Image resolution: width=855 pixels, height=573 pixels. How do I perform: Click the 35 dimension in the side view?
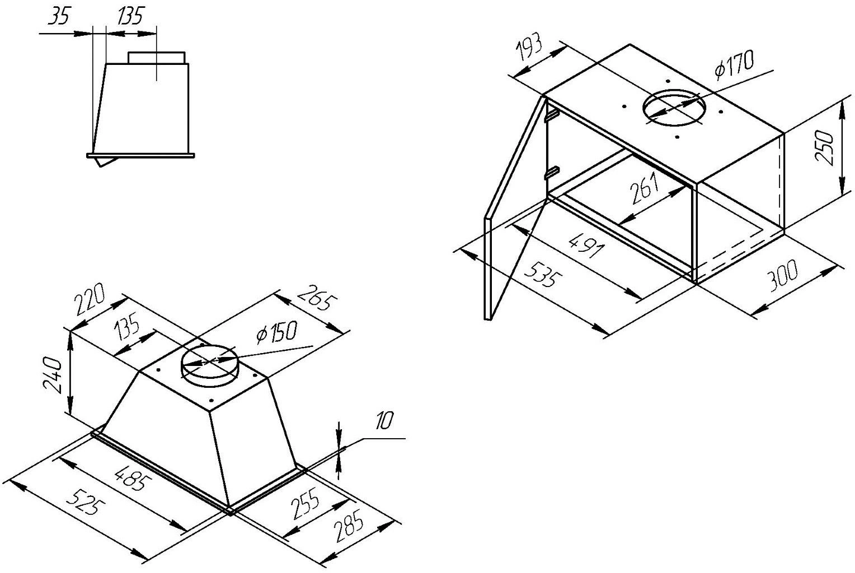[x=58, y=17]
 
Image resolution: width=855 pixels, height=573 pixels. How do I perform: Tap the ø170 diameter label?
[x=734, y=65]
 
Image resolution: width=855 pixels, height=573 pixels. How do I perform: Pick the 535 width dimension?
[x=542, y=273]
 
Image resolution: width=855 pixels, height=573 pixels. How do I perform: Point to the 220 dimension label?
[x=91, y=300]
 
